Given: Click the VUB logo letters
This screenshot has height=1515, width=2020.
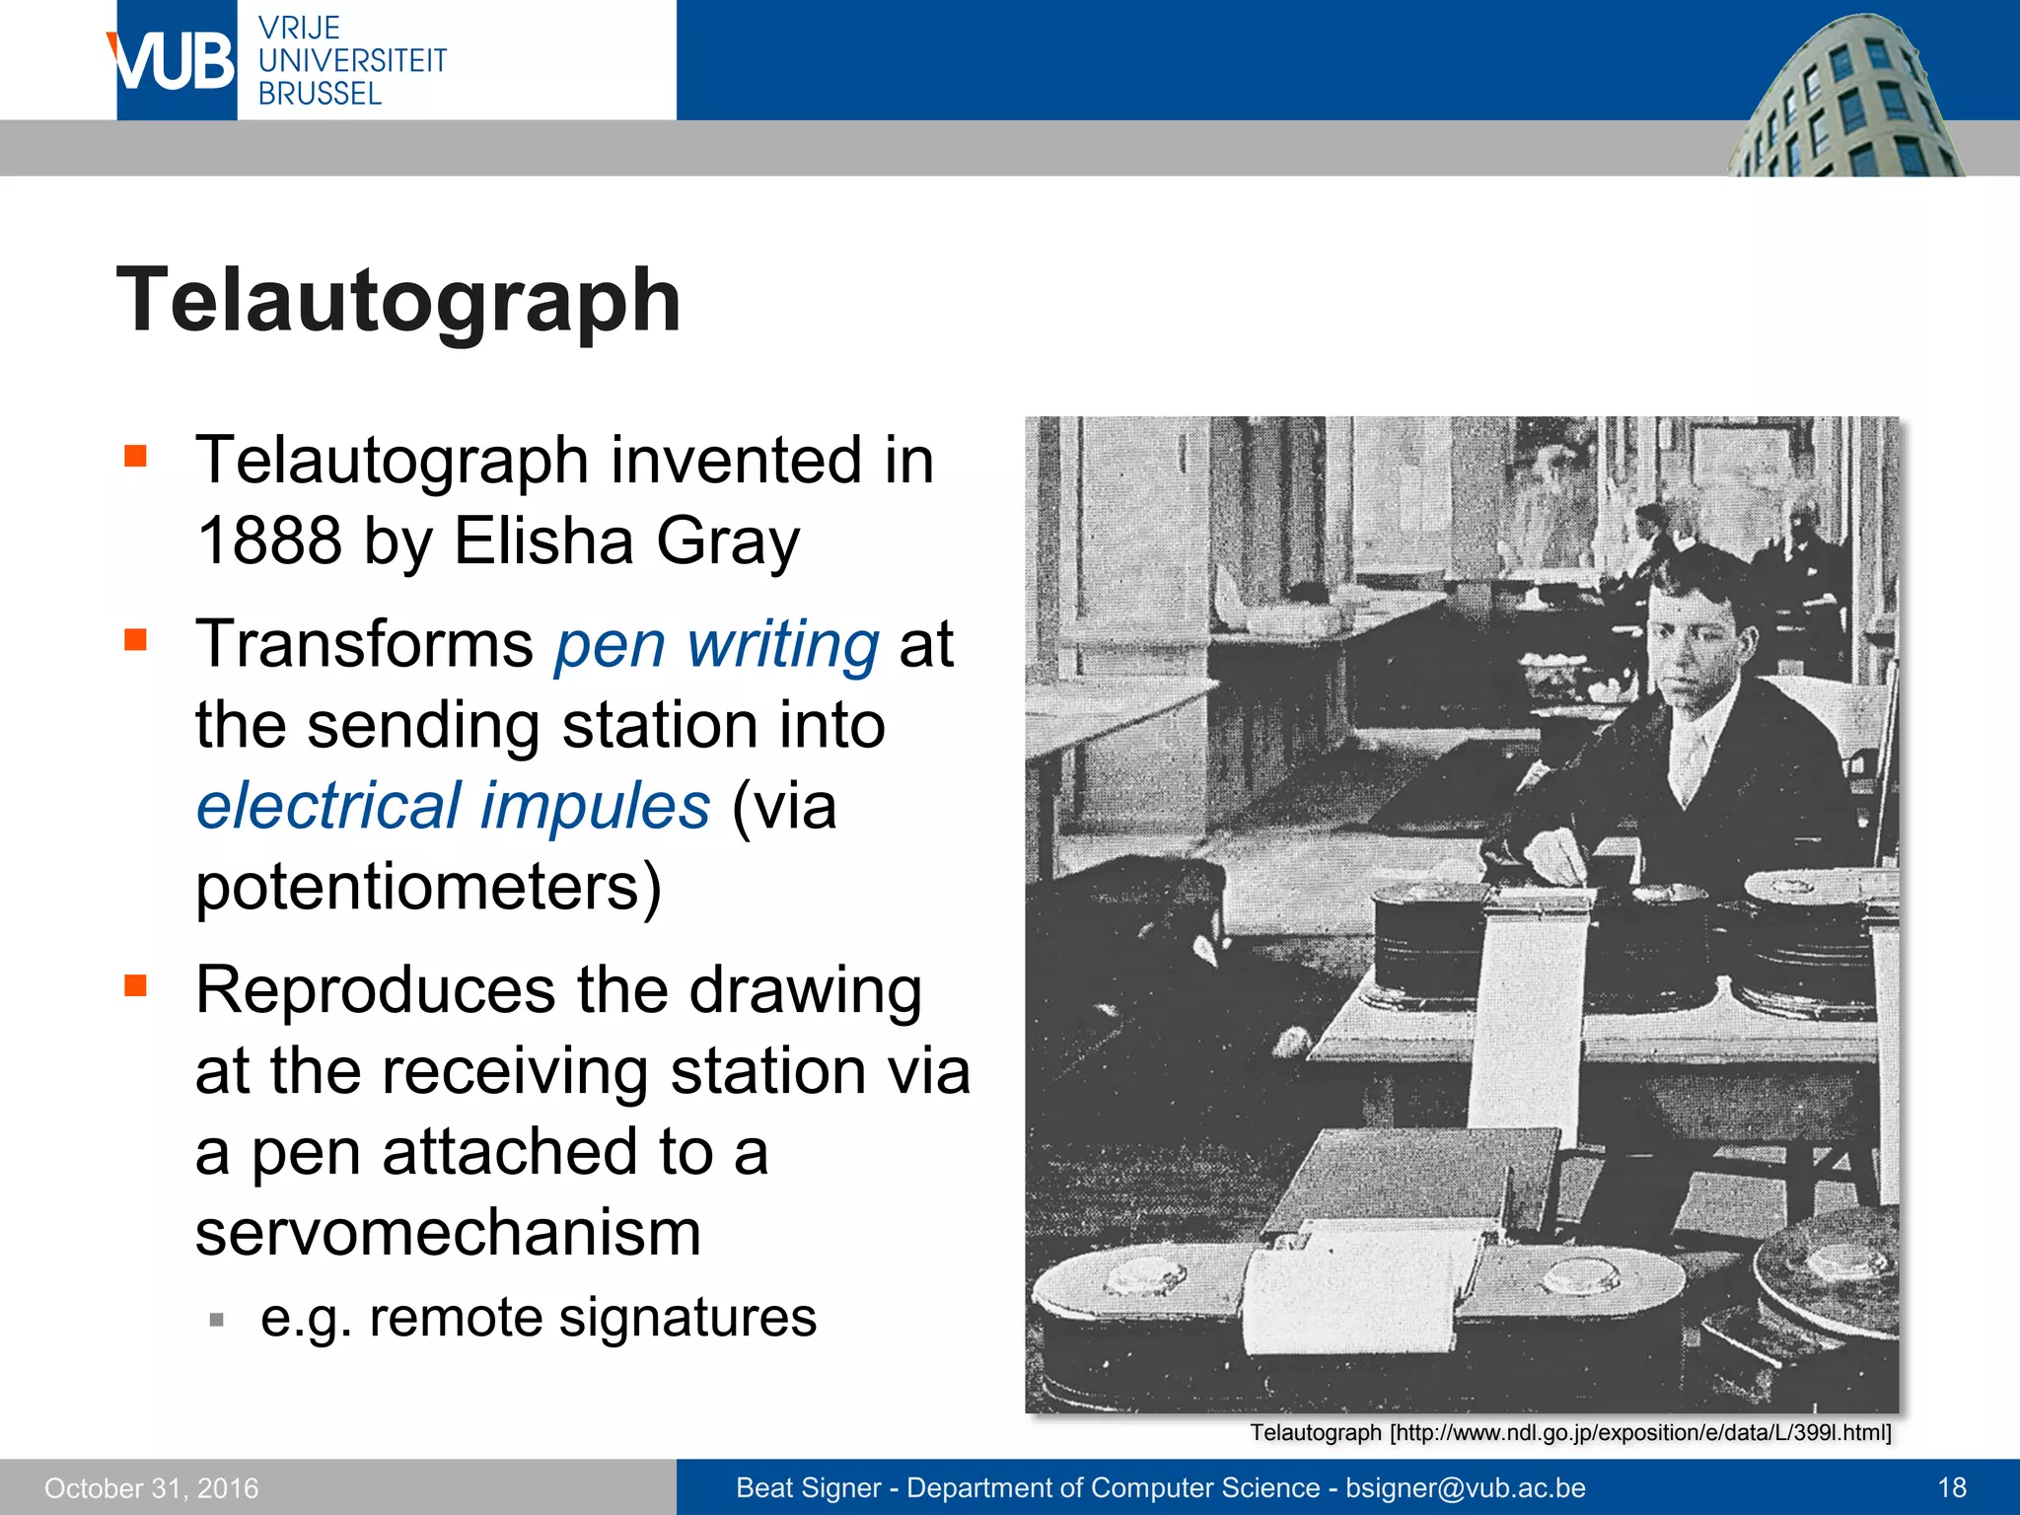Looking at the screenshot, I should point(175,61).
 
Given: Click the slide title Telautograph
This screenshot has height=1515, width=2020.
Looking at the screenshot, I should point(398,301).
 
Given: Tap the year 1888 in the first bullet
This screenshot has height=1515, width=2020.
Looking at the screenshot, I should point(268,541).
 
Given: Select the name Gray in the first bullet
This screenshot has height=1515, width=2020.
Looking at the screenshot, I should point(728,541).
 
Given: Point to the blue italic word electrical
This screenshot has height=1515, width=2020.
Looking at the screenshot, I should point(328,805).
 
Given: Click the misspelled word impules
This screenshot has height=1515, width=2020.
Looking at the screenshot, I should point(595,805).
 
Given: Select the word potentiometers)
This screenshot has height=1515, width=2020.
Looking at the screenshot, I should point(428,886).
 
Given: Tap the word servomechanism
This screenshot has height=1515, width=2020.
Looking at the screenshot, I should point(448,1232).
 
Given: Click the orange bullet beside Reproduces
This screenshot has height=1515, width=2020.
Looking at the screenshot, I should point(135,985).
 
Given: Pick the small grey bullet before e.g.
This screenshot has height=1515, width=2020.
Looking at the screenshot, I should point(217,1320).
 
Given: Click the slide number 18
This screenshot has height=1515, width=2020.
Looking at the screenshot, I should point(1952,1487).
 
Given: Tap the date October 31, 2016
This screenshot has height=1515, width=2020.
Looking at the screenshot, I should point(152,1487).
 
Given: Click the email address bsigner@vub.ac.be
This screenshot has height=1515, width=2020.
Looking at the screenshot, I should point(1466,1487).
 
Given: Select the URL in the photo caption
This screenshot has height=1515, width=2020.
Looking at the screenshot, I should point(1640,1432).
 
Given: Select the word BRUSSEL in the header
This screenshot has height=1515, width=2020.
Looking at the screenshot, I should point(320,94).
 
